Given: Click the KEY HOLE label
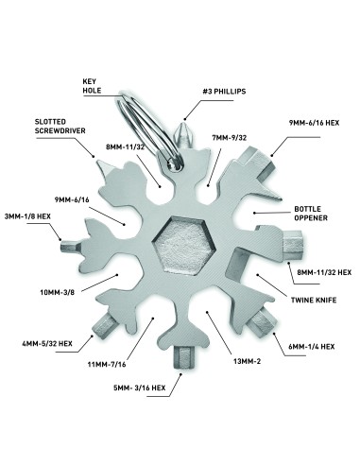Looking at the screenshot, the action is pyautogui.click(x=92, y=86).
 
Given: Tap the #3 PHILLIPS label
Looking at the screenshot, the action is pyautogui.click(x=224, y=92).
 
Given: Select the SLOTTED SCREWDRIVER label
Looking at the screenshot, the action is pyautogui.click(x=60, y=126).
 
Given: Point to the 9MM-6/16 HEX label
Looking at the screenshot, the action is pyautogui.click(x=314, y=123).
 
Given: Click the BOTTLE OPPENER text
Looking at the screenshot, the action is pyautogui.click(x=311, y=214).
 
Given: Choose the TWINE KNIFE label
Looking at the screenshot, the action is pyautogui.click(x=314, y=300).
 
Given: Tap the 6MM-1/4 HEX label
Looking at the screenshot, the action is pyautogui.click(x=312, y=347).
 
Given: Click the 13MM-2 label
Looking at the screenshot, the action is pyautogui.click(x=247, y=361).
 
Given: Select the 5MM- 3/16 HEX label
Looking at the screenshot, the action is pyautogui.click(x=140, y=387).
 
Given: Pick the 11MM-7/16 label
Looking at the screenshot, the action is pyautogui.click(x=107, y=365).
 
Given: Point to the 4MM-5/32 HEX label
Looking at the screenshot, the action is pyautogui.click(x=47, y=343).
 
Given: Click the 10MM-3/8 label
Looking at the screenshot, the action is pyautogui.click(x=58, y=292).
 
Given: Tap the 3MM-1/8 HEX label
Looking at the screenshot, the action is pyautogui.click(x=27, y=216).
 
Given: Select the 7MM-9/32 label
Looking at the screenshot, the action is pyautogui.click(x=230, y=138).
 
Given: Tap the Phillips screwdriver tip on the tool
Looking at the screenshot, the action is pyautogui.click(x=182, y=135).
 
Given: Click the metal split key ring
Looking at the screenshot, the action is pyautogui.click(x=148, y=130).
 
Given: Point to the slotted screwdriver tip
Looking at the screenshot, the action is pyautogui.click(x=104, y=166).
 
